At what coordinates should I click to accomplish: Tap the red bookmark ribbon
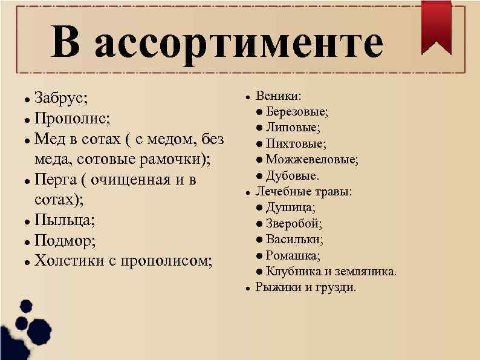tap(436, 24)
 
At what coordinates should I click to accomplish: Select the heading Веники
tap(280, 96)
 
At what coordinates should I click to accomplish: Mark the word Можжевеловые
tap(312, 160)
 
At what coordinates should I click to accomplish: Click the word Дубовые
tap(293, 176)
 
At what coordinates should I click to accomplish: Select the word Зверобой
tap(294, 224)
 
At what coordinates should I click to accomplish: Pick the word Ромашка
tap(293, 255)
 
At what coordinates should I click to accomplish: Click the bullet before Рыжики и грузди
tap(248, 288)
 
